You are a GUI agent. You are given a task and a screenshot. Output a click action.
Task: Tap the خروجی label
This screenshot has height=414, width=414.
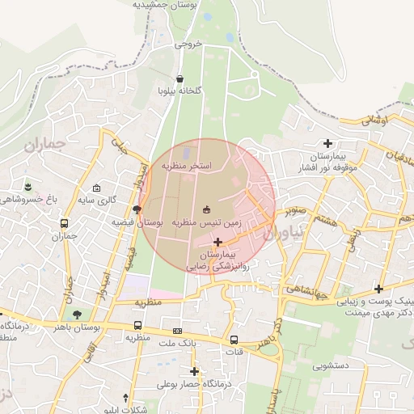point(186,44)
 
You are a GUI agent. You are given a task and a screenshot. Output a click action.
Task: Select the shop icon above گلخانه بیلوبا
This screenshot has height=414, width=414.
point(191,78)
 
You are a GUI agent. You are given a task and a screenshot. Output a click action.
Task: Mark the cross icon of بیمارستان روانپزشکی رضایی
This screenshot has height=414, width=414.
point(218,242)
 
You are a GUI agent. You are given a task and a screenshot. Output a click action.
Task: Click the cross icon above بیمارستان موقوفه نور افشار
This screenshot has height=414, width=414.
point(327,142)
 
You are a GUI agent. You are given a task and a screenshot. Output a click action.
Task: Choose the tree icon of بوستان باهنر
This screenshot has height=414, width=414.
point(77,314)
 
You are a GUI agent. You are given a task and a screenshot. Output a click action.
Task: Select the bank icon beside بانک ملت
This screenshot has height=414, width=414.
point(177,332)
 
